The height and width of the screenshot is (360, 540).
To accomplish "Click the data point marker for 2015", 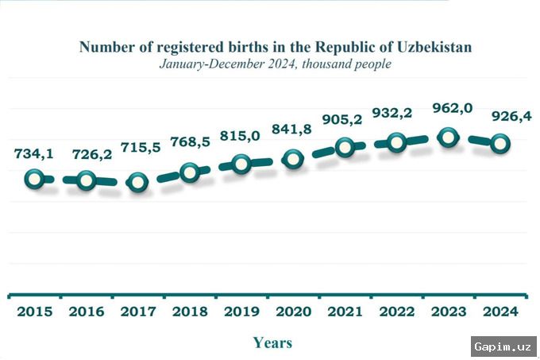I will pos(34,180).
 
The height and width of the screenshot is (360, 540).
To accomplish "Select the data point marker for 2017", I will pos(137,182).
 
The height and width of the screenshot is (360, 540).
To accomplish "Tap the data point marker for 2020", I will pos(293,160).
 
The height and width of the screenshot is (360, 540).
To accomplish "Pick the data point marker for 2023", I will pos(449,137).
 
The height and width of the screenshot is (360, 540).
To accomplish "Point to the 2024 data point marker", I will pos(500,144).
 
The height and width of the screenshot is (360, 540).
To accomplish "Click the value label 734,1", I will pos(33,153).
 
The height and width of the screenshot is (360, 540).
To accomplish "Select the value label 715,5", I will pos(141,148).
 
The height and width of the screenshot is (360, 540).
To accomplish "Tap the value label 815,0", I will pos(239,136).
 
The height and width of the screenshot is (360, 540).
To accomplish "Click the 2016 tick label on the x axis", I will pos(86,312).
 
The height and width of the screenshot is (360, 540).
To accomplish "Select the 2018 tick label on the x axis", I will pos(189,312).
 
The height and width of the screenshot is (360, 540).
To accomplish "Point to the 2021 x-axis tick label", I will pos(344,312).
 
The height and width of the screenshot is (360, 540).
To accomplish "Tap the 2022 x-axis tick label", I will pos(395,312).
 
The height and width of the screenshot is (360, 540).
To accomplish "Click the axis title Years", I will pos(272,343).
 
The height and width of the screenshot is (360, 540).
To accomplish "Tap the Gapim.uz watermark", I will pos(503,346).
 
